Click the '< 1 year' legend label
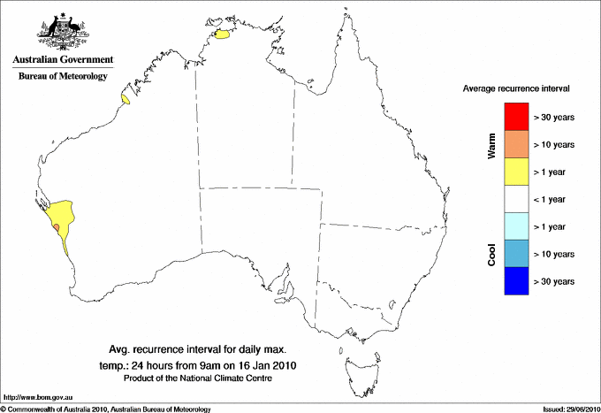pos(553,199)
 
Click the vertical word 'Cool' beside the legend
pos(492,255)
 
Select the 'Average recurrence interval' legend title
pos(516,89)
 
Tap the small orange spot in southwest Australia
pos(57,227)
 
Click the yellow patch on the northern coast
pos(224,35)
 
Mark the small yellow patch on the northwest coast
pos(126,101)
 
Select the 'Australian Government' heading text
pos(62,60)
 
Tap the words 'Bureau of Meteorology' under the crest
pos(62,77)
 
